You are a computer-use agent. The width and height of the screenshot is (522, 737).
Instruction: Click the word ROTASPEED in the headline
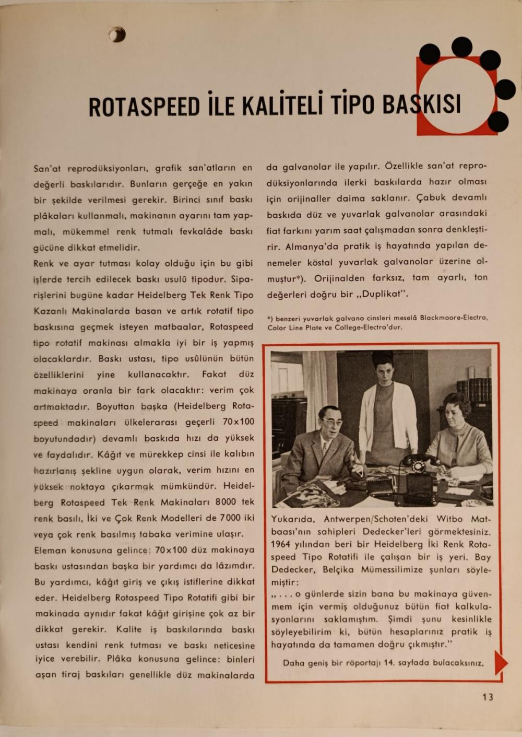pos(144,106)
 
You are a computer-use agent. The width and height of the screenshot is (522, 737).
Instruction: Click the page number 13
pos(488,697)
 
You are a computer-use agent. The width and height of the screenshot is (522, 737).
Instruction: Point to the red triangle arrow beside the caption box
pos(501,663)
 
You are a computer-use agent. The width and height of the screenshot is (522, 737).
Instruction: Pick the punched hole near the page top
pos(117,34)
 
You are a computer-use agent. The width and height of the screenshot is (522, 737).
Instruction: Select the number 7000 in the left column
pos(230,518)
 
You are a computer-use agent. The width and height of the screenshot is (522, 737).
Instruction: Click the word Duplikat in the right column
pos(385,294)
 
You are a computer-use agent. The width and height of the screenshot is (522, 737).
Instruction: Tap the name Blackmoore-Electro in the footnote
pos(454,318)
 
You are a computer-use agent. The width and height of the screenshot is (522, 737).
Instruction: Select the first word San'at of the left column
pos(47,168)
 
